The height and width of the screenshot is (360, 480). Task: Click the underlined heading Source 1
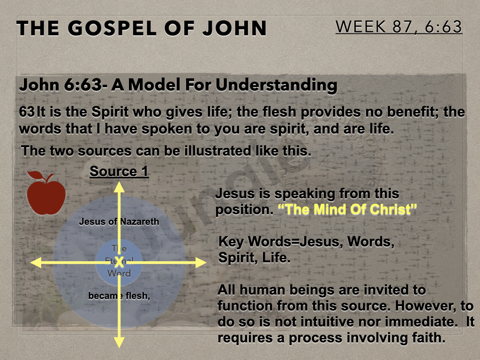(119, 171)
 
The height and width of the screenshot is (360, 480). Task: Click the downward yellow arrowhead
(119, 342)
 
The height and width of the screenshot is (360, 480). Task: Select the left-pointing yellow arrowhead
(36, 262)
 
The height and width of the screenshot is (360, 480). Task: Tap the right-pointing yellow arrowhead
(201, 262)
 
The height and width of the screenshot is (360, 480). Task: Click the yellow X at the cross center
(119, 261)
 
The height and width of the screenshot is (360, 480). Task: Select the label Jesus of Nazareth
(119, 222)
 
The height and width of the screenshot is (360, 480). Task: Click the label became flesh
(119, 296)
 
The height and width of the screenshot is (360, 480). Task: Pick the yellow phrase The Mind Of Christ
(347, 210)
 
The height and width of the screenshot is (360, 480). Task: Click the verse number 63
(27, 112)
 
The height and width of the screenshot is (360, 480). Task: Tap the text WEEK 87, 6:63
(399, 27)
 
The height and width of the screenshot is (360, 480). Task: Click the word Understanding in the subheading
(277, 85)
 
